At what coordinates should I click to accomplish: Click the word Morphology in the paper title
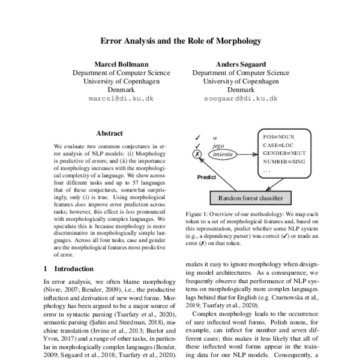236,41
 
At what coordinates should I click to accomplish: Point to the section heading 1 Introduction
68,268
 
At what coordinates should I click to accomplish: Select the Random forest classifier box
250,199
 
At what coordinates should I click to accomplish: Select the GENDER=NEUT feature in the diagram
284,154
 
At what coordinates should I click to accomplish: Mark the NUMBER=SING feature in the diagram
284,162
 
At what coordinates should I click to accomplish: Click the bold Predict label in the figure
207,178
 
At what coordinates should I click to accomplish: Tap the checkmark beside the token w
197,137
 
